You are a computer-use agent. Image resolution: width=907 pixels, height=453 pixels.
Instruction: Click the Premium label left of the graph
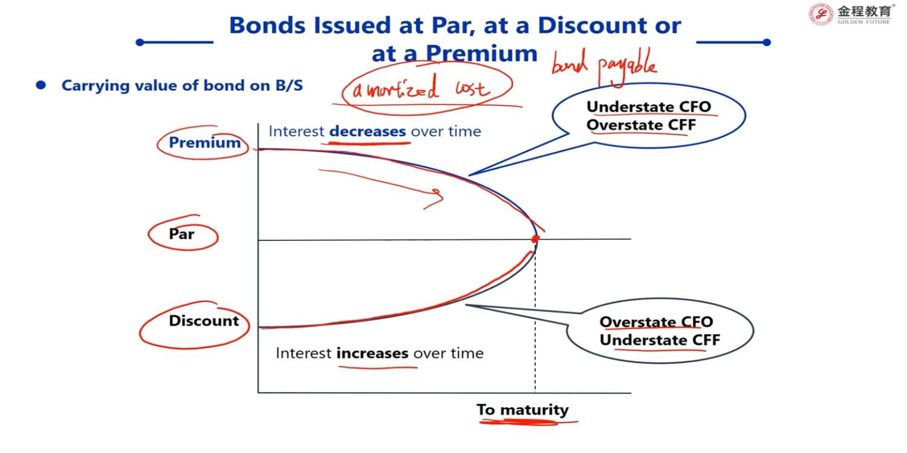[x=204, y=143]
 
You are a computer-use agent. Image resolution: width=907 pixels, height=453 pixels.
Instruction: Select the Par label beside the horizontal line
[x=181, y=234]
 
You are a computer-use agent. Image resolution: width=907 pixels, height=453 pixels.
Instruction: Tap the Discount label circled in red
[x=204, y=321]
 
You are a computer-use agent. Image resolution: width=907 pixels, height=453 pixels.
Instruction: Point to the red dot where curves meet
[x=535, y=239]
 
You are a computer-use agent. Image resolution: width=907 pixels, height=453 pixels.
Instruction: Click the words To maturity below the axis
[x=522, y=410]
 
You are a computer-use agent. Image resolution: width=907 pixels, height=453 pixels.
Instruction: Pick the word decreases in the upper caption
[x=368, y=132]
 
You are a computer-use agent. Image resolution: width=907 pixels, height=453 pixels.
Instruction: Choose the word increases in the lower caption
[x=372, y=353]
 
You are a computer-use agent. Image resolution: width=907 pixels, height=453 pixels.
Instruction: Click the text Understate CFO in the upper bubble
[x=649, y=107]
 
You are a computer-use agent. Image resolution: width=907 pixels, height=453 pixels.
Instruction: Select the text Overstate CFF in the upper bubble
[x=642, y=125]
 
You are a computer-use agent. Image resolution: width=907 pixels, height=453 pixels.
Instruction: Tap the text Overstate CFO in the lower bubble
[x=656, y=322]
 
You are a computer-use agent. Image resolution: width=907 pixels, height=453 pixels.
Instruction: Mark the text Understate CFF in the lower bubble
[x=660, y=340]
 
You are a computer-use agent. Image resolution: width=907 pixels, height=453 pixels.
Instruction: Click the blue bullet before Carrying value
[x=41, y=85]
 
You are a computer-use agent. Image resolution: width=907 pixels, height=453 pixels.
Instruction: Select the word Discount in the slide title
[x=593, y=25]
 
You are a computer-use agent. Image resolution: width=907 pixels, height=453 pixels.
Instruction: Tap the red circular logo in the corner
[x=821, y=14]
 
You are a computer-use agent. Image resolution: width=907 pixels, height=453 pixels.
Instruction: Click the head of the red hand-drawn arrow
[x=441, y=197]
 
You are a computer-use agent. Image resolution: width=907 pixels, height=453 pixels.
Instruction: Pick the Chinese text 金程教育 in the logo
[x=864, y=11]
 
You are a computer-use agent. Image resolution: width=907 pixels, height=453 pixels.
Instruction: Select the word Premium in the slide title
[x=482, y=53]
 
